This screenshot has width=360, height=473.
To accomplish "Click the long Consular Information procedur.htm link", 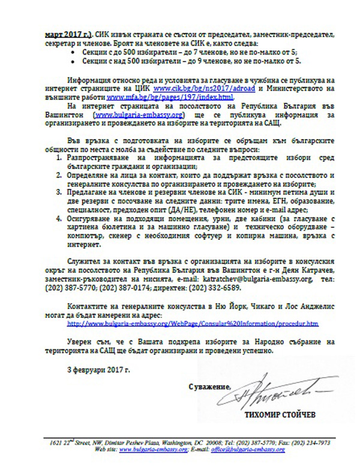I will (193, 323).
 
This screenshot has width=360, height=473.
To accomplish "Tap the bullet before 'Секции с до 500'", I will (73, 53).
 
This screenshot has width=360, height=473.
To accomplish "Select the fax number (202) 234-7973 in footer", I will (312, 442).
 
